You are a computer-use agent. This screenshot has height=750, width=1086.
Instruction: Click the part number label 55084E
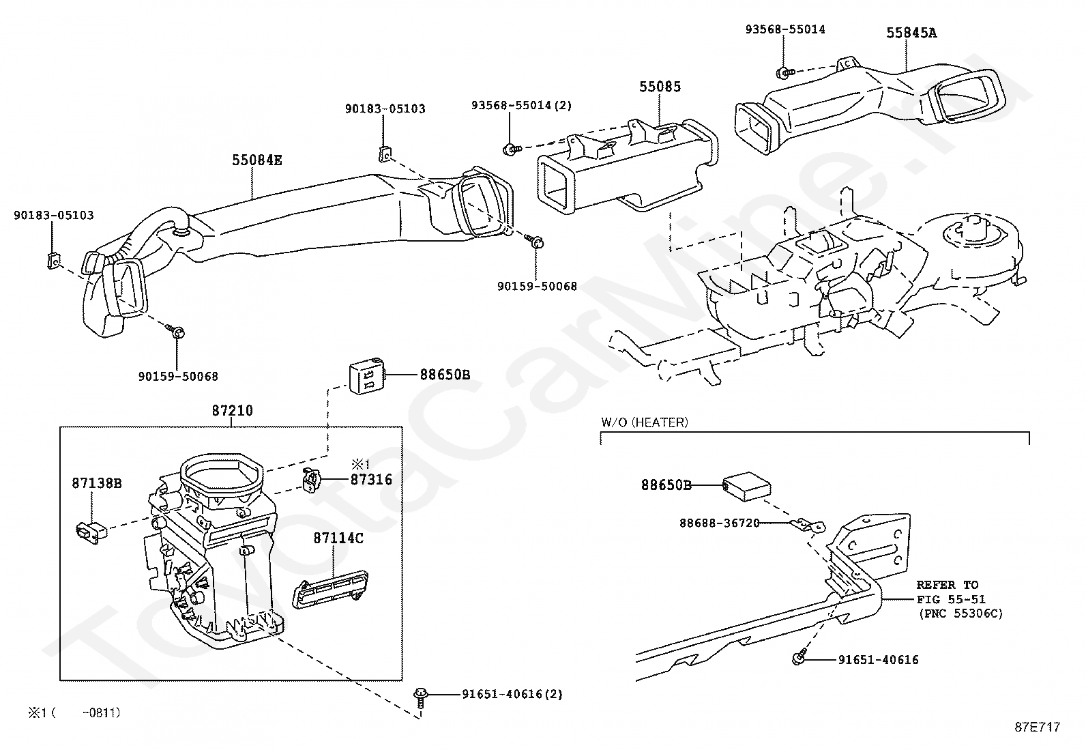click(x=256, y=161)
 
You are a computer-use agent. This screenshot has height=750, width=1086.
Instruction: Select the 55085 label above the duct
click(x=660, y=87)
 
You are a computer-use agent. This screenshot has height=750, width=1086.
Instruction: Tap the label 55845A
click(x=911, y=32)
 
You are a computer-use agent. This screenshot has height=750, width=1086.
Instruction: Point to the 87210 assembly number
click(x=232, y=411)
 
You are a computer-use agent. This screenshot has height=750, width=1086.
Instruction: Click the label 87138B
click(x=97, y=483)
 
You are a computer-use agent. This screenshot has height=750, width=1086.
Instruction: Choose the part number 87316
click(x=371, y=480)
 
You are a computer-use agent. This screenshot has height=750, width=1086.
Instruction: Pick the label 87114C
click(x=338, y=538)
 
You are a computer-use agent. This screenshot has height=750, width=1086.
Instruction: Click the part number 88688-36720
click(x=719, y=523)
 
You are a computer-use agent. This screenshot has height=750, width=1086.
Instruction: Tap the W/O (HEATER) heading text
click(x=644, y=422)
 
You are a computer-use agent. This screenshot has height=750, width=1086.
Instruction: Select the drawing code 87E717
click(x=1037, y=727)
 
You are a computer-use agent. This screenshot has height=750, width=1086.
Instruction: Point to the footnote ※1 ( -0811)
click(x=74, y=712)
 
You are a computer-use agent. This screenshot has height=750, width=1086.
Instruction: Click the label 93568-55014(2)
click(x=521, y=105)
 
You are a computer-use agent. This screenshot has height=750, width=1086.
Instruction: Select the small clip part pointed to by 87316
click(x=311, y=480)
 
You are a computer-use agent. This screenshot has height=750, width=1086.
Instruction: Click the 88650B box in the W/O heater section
click(x=746, y=485)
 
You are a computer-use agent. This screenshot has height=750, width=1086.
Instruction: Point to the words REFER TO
click(x=947, y=585)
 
